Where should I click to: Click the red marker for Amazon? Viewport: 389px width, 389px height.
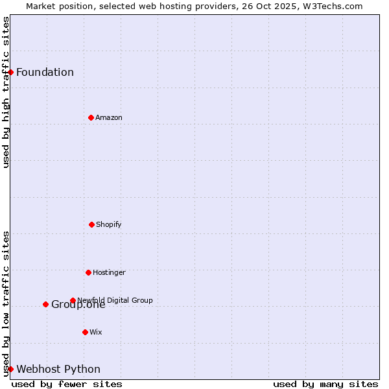tap(91, 117)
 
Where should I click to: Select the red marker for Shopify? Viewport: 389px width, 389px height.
tap(91, 224)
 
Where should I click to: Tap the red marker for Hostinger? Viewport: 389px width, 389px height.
tap(88, 272)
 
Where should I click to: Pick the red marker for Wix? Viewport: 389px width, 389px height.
tap(85, 332)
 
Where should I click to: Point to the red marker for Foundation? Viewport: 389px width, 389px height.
tap(11, 72)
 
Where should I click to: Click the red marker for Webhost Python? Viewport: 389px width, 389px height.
tap(11, 369)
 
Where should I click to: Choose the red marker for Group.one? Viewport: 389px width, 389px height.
tap(45, 304)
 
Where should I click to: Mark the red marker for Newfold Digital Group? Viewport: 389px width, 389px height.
tap(73, 300)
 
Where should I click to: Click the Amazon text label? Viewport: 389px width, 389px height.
tap(109, 117)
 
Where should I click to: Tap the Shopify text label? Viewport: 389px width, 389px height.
tap(109, 224)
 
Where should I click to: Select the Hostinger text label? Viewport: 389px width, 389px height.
tap(109, 272)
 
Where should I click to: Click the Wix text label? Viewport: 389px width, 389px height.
tap(96, 332)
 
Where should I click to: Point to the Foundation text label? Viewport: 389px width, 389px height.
tap(45, 72)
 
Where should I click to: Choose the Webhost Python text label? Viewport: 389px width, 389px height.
tap(58, 370)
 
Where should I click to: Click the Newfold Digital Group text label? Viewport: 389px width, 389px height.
tap(115, 300)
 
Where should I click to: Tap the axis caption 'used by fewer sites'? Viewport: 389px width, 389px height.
tap(67, 384)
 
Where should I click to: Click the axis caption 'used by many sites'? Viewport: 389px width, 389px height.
tap(325, 384)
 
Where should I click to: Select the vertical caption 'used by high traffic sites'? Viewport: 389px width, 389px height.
tap(6, 92)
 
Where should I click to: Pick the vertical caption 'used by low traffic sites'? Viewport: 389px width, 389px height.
tap(6, 303)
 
